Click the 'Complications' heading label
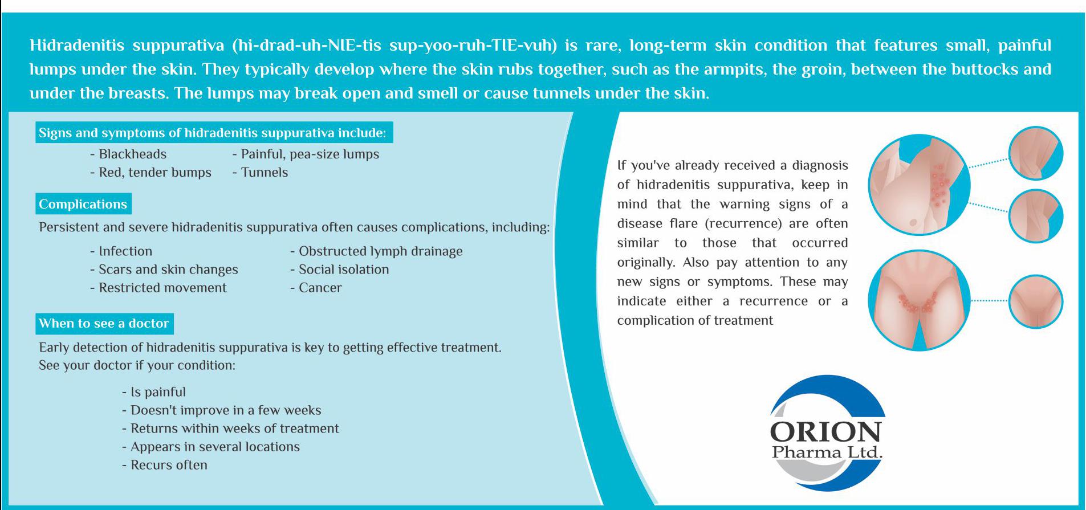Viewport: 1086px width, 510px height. pyautogui.click(x=83, y=204)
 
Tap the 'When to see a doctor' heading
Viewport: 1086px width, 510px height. pyautogui.click(x=104, y=323)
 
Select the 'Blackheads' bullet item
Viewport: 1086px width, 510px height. pyautogui.click(x=128, y=154)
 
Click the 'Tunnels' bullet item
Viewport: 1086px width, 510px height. pyautogui.click(x=260, y=172)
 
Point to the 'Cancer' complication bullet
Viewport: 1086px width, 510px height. pyautogui.click(x=316, y=288)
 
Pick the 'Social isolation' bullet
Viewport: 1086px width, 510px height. pyautogui.click(x=340, y=270)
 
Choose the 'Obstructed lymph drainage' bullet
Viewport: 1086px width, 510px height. pyautogui.click(x=376, y=251)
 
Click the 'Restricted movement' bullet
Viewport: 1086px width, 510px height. pyautogui.click(x=158, y=288)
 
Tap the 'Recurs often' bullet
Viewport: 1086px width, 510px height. pyautogui.click(x=165, y=465)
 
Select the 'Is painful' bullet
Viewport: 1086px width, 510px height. pyautogui.click(x=154, y=392)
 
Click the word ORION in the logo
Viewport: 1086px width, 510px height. pyautogui.click(x=825, y=432)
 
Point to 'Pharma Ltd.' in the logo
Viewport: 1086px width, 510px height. pyautogui.click(x=827, y=452)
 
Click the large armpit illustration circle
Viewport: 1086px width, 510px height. pyautogui.click(x=919, y=185)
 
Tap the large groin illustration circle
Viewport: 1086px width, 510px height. pyautogui.click(x=919, y=300)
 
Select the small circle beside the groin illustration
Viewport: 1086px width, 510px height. pyautogui.click(x=1036, y=301)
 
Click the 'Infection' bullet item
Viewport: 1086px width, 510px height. pyautogui.click(x=121, y=251)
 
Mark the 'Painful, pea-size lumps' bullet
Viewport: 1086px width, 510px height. pyautogui.click(x=306, y=154)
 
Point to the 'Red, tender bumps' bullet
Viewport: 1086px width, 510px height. pyautogui.click(x=151, y=172)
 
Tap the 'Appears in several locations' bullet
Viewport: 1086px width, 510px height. pyautogui.click(x=211, y=447)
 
